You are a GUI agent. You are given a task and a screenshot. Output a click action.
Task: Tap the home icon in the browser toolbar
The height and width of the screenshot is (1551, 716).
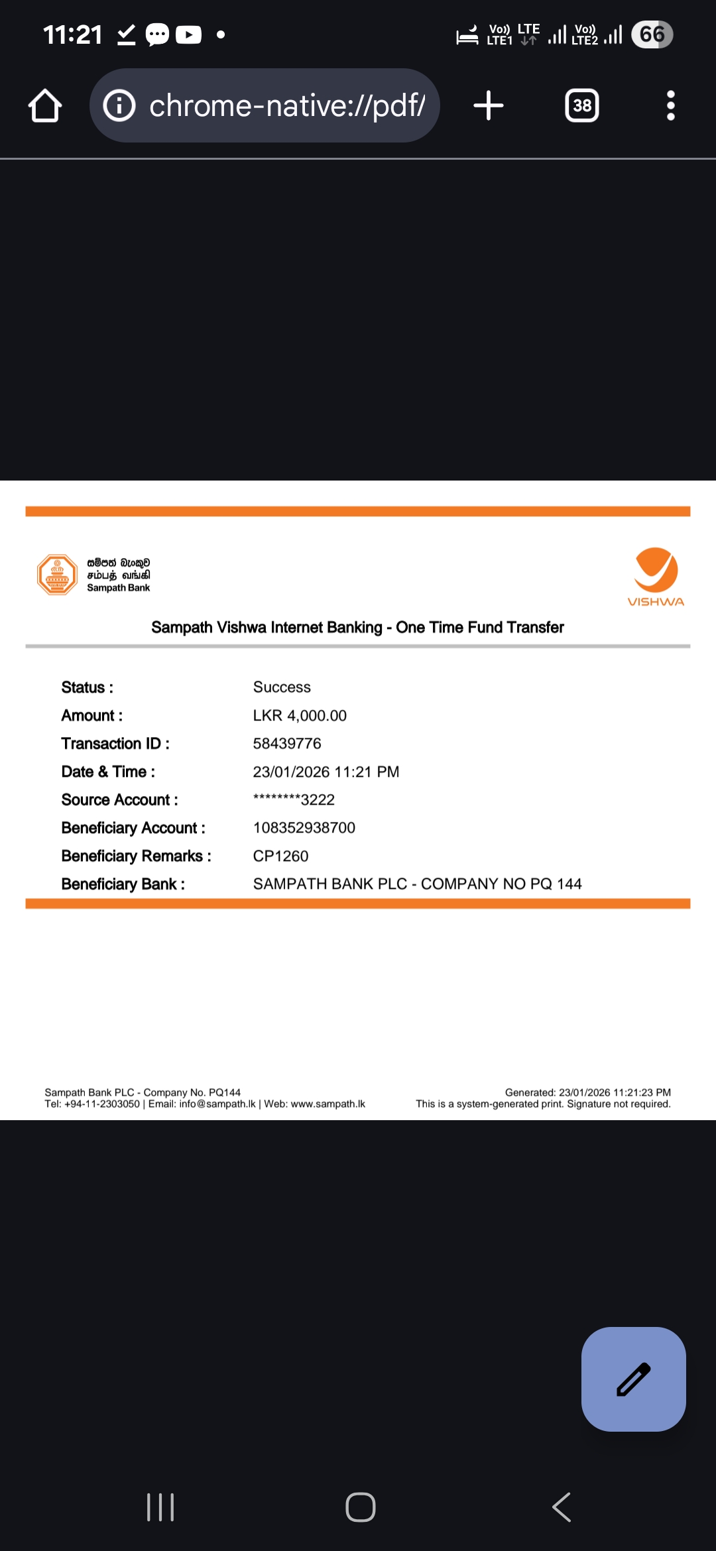pyautogui.click(x=45, y=106)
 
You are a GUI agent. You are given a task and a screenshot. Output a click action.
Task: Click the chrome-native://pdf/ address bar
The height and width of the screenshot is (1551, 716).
pyautogui.click(x=265, y=106)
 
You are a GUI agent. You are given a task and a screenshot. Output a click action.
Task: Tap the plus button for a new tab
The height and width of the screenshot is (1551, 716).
pyautogui.click(x=489, y=106)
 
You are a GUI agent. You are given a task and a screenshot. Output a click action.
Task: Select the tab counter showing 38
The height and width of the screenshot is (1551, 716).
pyautogui.click(x=581, y=106)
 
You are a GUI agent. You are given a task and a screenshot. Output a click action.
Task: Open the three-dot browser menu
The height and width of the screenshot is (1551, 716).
pyautogui.click(x=671, y=106)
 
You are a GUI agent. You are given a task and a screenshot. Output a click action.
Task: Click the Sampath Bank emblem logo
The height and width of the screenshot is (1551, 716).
pyautogui.click(x=57, y=575)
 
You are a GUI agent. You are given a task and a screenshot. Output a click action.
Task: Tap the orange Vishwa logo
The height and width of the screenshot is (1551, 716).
pyautogui.click(x=656, y=575)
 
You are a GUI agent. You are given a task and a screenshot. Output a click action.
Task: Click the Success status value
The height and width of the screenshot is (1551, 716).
pyautogui.click(x=282, y=687)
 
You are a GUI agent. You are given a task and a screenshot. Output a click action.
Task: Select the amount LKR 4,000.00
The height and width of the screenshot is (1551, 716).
pyautogui.click(x=300, y=716)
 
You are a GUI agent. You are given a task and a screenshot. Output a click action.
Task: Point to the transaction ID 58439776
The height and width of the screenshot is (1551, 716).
pyautogui.click(x=287, y=744)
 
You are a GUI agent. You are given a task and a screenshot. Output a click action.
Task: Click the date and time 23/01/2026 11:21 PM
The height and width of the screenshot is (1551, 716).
pyautogui.click(x=326, y=772)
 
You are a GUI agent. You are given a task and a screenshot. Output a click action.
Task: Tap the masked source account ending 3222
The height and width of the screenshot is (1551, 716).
pyautogui.click(x=294, y=800)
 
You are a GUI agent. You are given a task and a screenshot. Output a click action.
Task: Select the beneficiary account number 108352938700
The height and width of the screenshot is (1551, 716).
pyautogui.click(x=304, y=828)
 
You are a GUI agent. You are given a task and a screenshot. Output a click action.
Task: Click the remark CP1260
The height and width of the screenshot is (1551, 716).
pyautogui.click(x=280, y=856)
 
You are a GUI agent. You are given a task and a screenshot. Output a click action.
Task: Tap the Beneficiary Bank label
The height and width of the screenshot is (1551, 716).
pyautogui.click(x=123, y=884)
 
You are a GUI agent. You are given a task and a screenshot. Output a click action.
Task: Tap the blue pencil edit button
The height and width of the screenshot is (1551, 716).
pyautogui.click(x=633, y=1379)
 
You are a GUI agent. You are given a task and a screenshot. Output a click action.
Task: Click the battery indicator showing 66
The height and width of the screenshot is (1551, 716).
pyautogui.click(x=652, y=34)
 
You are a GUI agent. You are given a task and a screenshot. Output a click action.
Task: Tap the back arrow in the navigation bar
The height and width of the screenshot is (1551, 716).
pyautogui.click(x=562, y=1507)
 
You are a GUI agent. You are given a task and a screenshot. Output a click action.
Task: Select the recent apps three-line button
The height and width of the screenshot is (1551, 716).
pyautogui.click(x=160, y=1507)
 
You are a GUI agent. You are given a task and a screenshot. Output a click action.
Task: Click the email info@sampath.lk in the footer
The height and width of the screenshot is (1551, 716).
pyautogui.click(x=217, y=1104)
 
